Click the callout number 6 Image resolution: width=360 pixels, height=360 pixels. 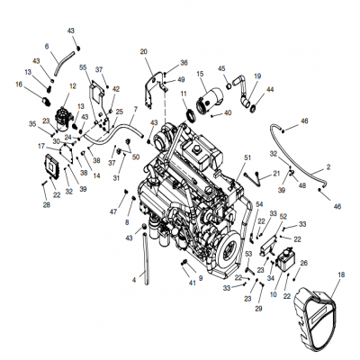46,46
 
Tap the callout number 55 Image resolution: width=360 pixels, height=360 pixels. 83,67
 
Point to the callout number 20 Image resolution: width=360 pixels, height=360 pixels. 144,52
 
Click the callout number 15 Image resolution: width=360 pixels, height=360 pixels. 200,74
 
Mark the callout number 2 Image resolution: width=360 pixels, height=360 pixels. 328,166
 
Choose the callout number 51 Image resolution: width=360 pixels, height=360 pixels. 247,157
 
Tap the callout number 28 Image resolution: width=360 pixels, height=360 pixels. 47,205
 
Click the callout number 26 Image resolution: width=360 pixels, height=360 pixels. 303,263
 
